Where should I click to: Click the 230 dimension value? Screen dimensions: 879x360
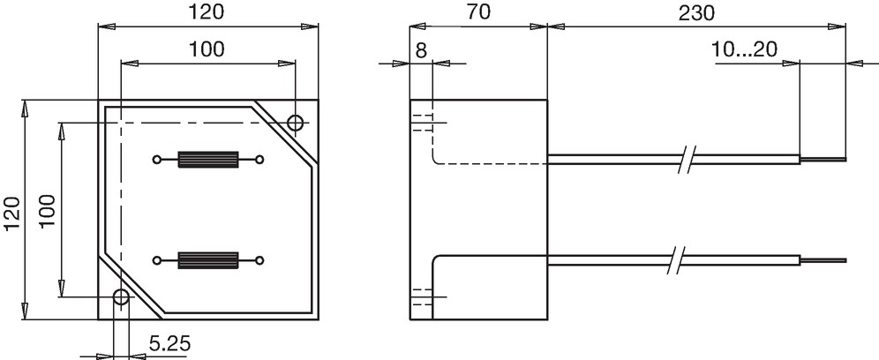697,13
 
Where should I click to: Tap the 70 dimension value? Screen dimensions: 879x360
478,13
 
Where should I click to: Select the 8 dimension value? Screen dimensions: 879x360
421,50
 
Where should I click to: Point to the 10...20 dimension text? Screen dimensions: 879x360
745,49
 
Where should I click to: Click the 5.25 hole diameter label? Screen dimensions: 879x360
169,343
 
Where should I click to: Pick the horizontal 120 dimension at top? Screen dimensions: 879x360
205,12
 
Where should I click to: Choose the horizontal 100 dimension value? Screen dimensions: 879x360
206,49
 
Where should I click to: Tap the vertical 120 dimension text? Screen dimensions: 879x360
13,213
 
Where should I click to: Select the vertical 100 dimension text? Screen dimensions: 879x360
47,211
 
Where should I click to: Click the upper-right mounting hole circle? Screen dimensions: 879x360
296,123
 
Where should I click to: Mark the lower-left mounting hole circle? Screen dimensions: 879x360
121,296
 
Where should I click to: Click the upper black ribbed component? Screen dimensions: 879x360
208,160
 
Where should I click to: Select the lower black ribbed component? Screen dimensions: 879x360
208,260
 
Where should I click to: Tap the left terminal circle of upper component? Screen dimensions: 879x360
156,160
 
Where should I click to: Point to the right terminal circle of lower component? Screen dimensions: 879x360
259,260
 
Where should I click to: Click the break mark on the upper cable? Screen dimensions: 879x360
687,159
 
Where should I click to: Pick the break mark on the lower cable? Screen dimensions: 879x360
677,260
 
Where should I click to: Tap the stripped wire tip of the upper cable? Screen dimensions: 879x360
823,159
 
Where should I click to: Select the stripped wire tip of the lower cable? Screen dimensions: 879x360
823,260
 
